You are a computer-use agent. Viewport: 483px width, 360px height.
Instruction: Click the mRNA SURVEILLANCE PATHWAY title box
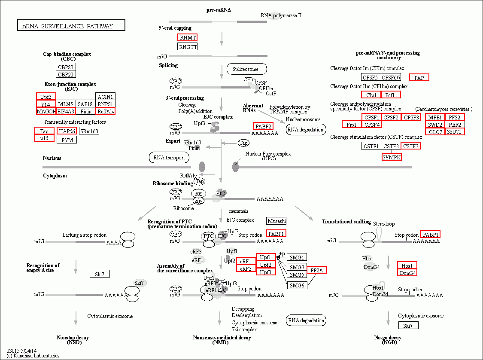pos(71,26)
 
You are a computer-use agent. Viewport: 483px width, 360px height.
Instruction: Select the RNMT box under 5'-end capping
pos(187,37)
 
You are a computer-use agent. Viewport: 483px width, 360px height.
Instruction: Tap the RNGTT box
pos(187,47)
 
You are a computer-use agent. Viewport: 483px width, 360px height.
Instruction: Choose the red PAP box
pos(419,77)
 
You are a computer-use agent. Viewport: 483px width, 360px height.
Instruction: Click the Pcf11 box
pos(391,95)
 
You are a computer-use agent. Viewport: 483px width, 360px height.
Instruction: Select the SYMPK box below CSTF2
pos(391,157)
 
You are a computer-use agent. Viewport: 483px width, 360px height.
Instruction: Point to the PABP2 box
pos(263,126)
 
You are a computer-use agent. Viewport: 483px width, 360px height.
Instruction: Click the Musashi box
pos(276,221)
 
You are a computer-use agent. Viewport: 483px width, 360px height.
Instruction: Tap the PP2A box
pos(316,270)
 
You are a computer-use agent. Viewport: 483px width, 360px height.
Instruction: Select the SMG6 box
pos(297,285)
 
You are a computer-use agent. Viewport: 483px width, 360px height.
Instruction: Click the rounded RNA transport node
pos(169,158)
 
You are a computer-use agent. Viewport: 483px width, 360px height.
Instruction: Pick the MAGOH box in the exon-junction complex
pos(46,111)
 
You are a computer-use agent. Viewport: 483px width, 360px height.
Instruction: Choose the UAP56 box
pos(67,131)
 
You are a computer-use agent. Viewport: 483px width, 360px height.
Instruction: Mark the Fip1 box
pos(352,125)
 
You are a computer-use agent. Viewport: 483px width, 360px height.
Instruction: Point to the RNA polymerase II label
pos(281,15)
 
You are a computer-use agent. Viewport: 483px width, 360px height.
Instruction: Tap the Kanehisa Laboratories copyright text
pos(33,356)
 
